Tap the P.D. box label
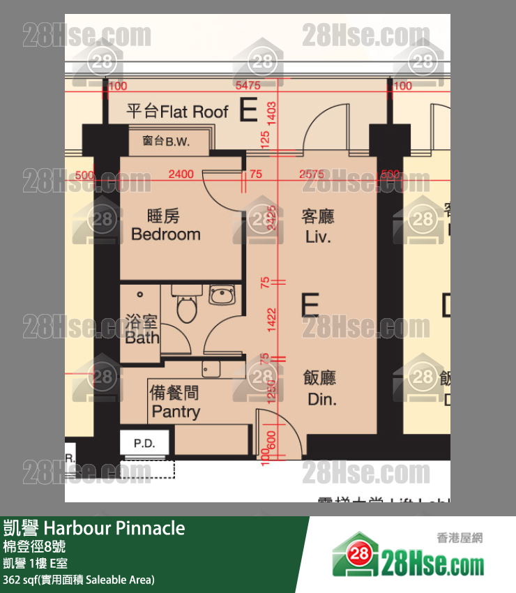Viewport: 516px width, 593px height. click(144, 443)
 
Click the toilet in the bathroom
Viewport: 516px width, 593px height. click(186, 307)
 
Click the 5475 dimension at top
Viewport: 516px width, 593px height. click(248, 86)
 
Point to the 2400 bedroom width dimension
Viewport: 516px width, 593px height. click(181, 174)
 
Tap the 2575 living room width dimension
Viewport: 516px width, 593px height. click(312, 174)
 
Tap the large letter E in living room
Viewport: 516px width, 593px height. click(310, 306)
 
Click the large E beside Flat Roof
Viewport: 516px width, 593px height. click(248, 111)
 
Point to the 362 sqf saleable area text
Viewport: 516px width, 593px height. click(78, 580)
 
